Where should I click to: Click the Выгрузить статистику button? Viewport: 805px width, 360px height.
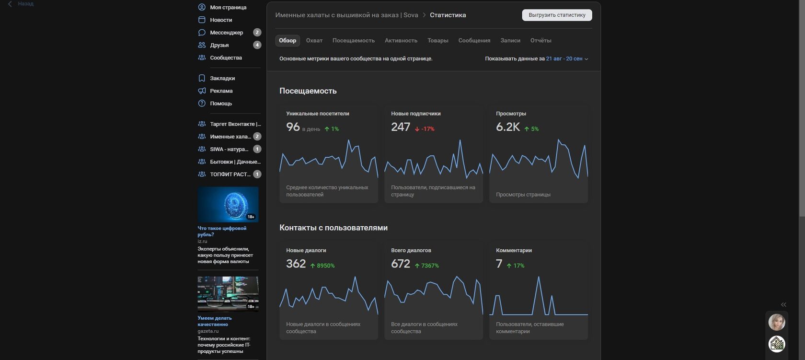(x=557, y=15)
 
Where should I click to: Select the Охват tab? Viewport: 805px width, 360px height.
(x=314, y=41)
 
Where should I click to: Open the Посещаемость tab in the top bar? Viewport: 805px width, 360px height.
(x=353, y=41)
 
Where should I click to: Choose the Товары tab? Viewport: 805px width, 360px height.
(x=438, y=41)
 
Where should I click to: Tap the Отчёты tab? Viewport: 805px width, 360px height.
(x=540, y=41)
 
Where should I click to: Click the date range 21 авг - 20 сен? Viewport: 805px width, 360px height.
(x=564, y=58)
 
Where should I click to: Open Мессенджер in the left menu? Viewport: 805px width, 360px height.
(x=226, y=33)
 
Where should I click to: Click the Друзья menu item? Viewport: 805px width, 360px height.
(x=219, y=45)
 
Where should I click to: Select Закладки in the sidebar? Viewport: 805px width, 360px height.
(x=222, y=78)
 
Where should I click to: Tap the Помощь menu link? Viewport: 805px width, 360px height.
(x=220, y=103)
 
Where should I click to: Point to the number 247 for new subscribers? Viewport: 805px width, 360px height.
(x=401, y=127)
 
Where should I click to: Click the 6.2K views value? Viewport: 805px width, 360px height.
(x=508, y=127)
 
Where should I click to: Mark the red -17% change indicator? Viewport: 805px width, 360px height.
(x=425, y=129)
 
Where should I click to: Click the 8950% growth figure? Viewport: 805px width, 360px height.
(x=322, y=266)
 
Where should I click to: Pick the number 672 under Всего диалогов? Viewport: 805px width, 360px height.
(x=401, y=264)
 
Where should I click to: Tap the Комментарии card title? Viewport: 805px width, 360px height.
(x=514, y=250)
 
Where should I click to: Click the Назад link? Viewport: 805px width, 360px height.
(x=25, y=4)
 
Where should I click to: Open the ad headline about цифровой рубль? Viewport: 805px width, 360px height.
(x=222, y=231)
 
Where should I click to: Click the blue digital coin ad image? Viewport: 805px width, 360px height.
(x=228, y=204)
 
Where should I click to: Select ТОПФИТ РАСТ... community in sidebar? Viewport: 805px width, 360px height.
(x=230, y=174)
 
